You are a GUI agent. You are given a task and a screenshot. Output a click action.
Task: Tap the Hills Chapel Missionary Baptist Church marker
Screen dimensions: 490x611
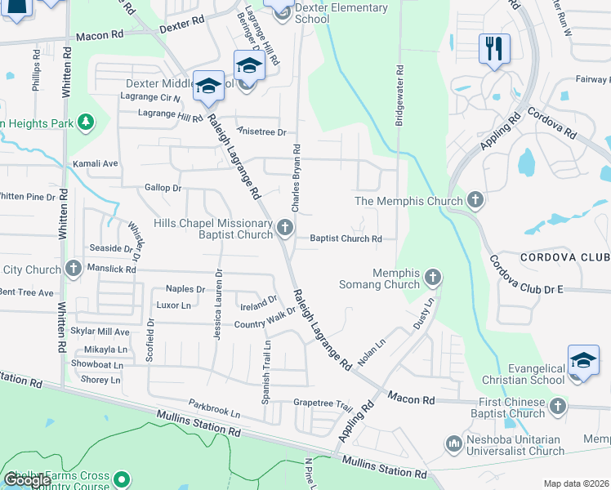[x=284, y=227]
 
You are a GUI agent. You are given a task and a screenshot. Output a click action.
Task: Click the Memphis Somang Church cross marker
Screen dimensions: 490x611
[x=433, y=278]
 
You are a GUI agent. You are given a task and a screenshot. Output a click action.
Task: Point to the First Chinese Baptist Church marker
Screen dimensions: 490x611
[x=557, y=406]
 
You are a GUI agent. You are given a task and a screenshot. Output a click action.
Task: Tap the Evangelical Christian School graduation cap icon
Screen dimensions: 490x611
[x=583, y=361]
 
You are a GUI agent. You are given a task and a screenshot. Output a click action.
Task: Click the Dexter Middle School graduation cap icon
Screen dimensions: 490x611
[x=209, y=86]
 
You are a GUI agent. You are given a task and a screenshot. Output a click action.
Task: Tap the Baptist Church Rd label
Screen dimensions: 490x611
[x=346, y=239]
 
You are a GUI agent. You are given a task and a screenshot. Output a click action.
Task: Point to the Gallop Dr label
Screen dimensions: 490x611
[x=163, y=188]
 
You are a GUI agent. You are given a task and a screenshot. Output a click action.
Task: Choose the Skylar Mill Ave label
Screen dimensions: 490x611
[x=100, y=332]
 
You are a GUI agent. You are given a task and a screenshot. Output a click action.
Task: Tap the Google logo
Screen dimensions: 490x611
[x=28, y=479]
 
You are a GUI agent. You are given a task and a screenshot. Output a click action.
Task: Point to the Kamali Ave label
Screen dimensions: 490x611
[x=96, y=163]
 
